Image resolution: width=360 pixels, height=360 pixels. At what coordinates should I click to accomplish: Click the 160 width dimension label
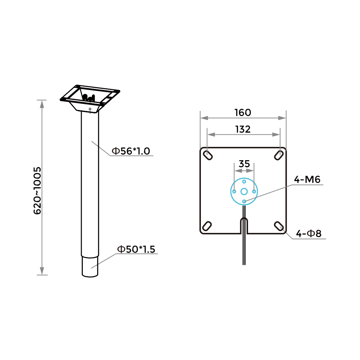[243, 112]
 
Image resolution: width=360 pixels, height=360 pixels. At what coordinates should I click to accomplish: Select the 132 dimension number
[243, 129]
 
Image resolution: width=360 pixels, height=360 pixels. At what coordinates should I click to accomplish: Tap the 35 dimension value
[244, 164]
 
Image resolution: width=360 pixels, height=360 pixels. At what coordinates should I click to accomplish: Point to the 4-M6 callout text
[307, 179]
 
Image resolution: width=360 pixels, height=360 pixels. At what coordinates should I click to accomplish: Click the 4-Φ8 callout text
[309, 234]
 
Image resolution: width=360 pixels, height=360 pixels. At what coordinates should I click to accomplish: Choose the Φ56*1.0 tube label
[131, 151]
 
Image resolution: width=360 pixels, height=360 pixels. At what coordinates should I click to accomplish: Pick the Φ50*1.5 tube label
[136, 249]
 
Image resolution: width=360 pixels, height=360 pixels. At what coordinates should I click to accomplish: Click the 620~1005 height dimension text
[37, 190]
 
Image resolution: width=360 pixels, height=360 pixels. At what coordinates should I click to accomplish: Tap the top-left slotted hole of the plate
[208, 155]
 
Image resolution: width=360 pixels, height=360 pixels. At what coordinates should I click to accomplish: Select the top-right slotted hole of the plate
[279, 155]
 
